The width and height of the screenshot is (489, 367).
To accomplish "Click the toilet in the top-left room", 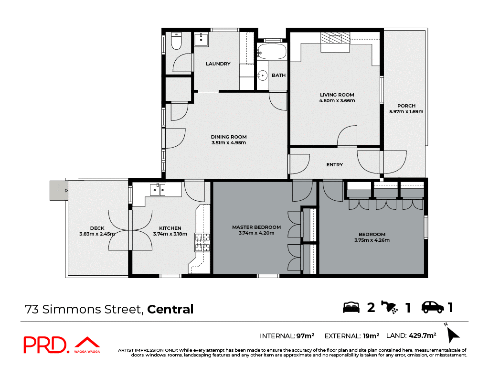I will [x=176, y=42].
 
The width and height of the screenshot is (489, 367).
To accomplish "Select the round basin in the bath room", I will [x=262, y=75].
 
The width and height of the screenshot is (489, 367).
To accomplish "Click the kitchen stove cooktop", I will [x=202, y=242].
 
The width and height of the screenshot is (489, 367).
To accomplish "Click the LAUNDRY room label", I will [x=218, y=64].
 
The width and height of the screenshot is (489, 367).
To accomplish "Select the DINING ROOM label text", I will [x=229, y=137].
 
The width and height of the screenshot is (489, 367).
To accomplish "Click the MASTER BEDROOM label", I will [x=256, y=227].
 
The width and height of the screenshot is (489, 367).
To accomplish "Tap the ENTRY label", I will [x=335, y=165].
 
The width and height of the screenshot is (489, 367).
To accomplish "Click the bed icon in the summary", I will [x=351, y=307].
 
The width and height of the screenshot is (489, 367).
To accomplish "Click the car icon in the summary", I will [x=433, y=307].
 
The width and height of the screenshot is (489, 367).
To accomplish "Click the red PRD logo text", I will [x=45, y=345].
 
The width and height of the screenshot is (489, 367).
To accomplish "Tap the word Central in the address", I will [x=170, y=309].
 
